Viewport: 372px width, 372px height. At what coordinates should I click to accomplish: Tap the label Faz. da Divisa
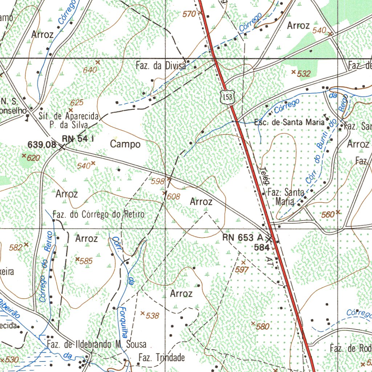pyautogui.click(x=161, y=66)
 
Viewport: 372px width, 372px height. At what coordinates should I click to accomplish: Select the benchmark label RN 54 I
pyautogui.click(x=78, y=138)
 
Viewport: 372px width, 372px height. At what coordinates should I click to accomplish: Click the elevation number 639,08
pyautogui.click(x=42, y=145)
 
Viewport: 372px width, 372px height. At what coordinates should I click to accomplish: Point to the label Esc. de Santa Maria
pyautogui.click(x=289, y=122)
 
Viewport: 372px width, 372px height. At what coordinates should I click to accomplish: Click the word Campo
pyautogui.click(x=125, y=144)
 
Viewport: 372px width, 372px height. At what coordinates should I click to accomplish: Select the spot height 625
pyautogui.click(x=77, y=103)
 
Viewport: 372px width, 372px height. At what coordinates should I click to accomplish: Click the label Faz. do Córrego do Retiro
pyautogui.click(x=98, y=214)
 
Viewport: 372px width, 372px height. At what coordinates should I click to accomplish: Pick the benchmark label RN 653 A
pyautogui.click(x=243, y=238)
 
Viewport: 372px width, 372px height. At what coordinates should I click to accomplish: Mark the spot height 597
pyautogui.click(x=242, y=269)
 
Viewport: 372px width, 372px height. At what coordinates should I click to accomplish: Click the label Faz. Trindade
pyautogui.click(x=162, y=358)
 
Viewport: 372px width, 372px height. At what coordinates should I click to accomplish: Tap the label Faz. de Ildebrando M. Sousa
pyautogui.click(x=96, y=344)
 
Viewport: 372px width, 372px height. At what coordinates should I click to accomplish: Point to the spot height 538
pyautogui.click(x=152, y=316)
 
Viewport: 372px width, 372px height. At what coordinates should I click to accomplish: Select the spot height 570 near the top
pyautogui.click(x=189, y=14)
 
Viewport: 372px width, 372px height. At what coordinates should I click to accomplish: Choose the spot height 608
pyautogui.click(x=173, y=197)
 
